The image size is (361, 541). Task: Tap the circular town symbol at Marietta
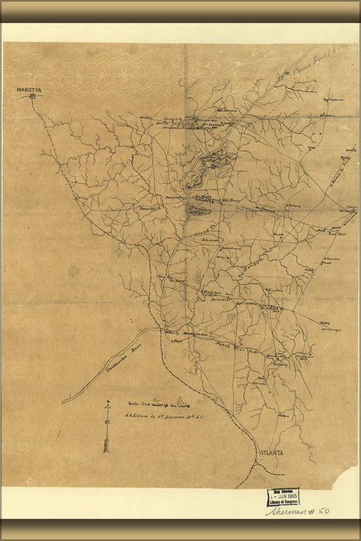click(x=32, y=97)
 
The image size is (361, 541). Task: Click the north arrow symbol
click(x=106, y=426)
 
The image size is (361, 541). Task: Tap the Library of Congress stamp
click(x=282, y=497)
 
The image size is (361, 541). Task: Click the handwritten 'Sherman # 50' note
click(x=297, y=511)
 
